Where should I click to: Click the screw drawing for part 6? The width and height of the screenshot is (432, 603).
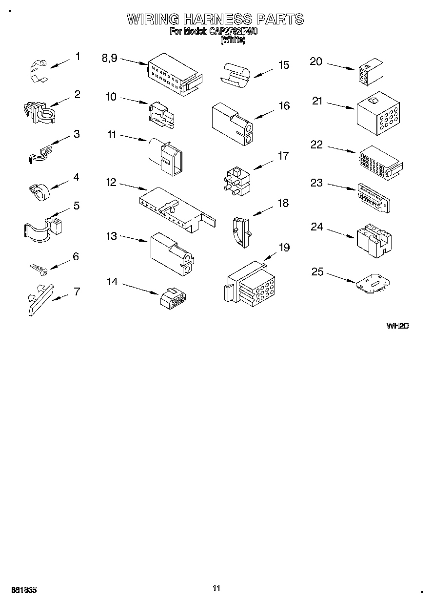tap(39, 268)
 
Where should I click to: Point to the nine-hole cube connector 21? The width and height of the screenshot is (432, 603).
tap(378, 113)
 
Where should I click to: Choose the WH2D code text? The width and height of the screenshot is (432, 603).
tap(397, 326)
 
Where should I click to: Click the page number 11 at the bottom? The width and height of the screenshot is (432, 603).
tap(216, 588)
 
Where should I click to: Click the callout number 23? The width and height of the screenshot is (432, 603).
tap(316, 183)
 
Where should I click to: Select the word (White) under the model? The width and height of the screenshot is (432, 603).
tap(233, 41)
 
